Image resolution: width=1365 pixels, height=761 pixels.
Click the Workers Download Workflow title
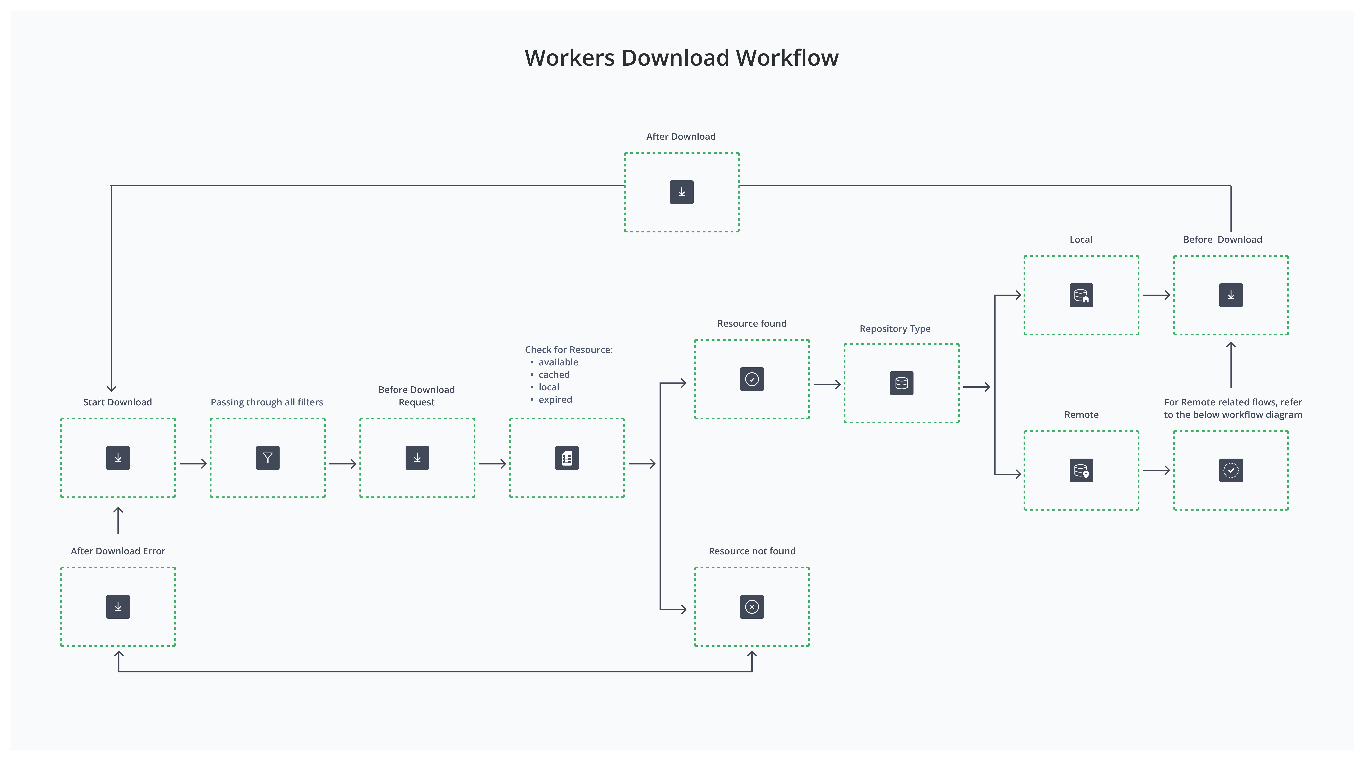tap(682, 58)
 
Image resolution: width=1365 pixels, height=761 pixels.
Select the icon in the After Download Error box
tap(118, 607)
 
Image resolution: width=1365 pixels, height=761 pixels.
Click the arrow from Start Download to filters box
tap(193, 464)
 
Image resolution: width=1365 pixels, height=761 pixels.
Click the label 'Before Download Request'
tap(417, 396)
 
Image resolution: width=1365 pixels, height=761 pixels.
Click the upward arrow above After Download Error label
tap(118, 521)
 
